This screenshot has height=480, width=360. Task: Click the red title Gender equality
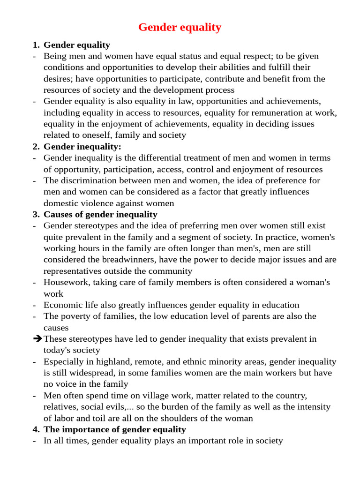pyautogui.click(x=180, y=27)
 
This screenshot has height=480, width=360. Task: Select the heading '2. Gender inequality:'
pyautogui.click(x=82, y=146)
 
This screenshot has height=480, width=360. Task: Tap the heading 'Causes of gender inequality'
pyautogui.click(x=100, y=214)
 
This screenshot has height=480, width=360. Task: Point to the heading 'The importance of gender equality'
pyautogui.click(x=114, y=429)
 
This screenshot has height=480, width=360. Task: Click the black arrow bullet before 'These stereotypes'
pyautogui.click(x=37, y=338)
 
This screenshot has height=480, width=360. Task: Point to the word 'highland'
pyautogui.click(x=112, y=361)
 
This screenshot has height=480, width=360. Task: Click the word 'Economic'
pyautogui.click(x=61, y=305)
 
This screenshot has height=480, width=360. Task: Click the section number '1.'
pyautogui.click(x=37, y=45)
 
